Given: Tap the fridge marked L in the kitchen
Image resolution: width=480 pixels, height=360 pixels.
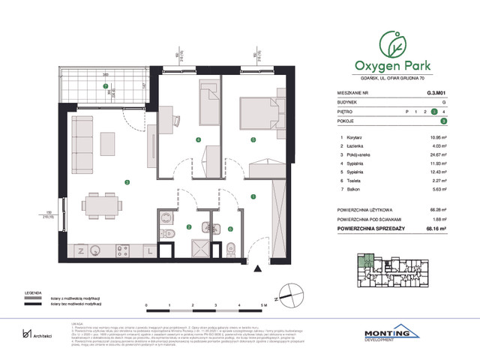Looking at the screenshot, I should pos(151,248).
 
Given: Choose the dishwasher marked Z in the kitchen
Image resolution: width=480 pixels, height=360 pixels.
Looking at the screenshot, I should pos(78,248).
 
